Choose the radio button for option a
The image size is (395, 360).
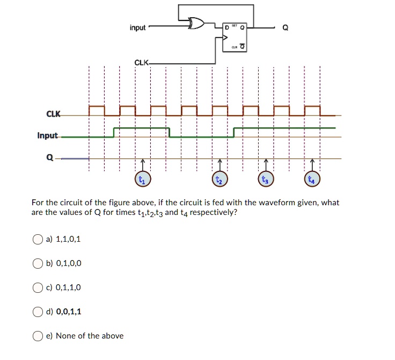[x=38, y=240]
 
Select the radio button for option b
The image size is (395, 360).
[x=38, y=264]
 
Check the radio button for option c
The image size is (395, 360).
[x=38, y=288]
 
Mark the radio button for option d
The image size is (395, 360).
[x=38, y=312]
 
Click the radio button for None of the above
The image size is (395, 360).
[x=38, y=336]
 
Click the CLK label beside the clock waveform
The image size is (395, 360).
[x=54, y=114]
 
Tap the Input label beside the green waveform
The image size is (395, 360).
[x=47, y=135]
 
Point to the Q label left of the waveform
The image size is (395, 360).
[x=50, y=157]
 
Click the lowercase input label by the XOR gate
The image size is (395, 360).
[x=137, y=27]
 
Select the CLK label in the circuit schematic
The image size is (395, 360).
[x=142, y=62]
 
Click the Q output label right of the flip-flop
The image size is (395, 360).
[x=285, y=28]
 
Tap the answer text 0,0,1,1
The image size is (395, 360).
[x=69, y=312]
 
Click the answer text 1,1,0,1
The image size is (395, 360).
[x=68, y=239]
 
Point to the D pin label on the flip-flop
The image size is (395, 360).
[x=227, y=28]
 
